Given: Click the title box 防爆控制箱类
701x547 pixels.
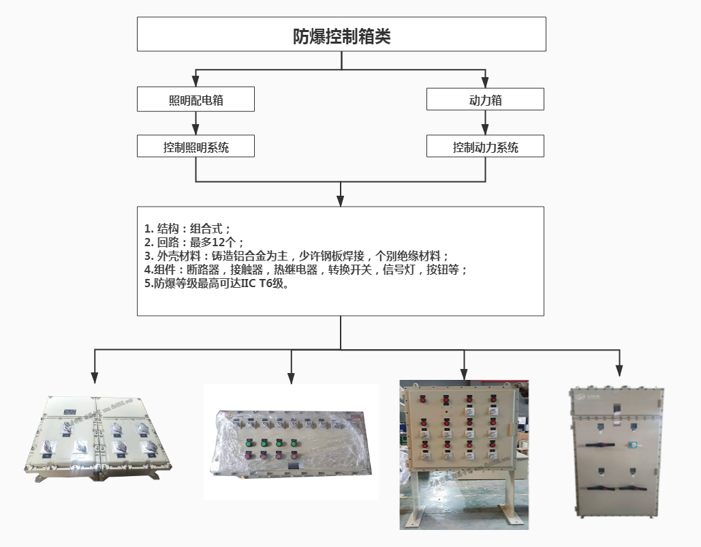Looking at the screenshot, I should pyautogui.click(x=341, y=35).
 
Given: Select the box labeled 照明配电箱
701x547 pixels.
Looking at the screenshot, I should pyautogui.click(x=196, y=100).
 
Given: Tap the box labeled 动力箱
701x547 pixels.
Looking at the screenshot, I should pyautogui.click(x=485, y=100).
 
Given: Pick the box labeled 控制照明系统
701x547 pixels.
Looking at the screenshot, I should pyautogui.click(x=196, y=147).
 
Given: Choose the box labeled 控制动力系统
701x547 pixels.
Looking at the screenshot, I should pyautogui.click(x=485, y=147).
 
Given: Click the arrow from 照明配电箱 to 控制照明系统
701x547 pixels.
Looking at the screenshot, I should pyautogui.click(x=196, y=123).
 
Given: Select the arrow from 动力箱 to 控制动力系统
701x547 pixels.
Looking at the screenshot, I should pyautogui.click(x=486, y=123).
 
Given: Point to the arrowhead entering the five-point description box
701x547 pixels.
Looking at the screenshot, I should pyautogui.click(x=341, y=201).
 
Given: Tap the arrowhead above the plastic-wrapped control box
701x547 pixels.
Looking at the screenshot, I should pyautogui.click(x=292, y=377).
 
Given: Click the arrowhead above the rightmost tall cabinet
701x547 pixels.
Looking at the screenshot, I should pyautogui.click(x=619, y=371).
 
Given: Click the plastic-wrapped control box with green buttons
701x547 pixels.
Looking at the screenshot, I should pyautogui.click(x=292, y=443).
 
